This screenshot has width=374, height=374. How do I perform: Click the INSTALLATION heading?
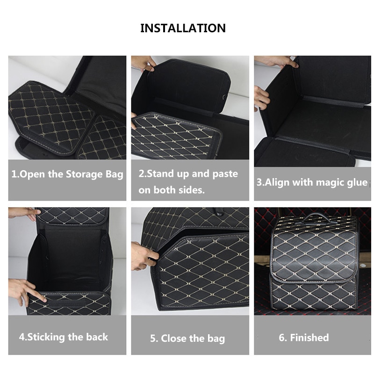(x=183, y=28)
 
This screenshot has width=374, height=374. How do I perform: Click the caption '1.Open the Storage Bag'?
(x=67, y=174)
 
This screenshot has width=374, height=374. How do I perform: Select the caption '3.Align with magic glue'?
(x=312, y=182)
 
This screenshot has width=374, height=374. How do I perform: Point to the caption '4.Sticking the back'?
(x=63, y=337)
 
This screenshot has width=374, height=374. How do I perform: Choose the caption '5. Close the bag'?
(x=187, y=338)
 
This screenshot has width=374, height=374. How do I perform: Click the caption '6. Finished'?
(x=304, y=338)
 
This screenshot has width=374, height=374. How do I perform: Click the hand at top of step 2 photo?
(x=144, y=63)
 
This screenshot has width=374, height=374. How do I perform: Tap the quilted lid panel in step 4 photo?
(x=72, y=216)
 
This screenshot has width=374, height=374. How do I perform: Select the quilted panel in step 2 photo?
(x=175, y=136)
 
